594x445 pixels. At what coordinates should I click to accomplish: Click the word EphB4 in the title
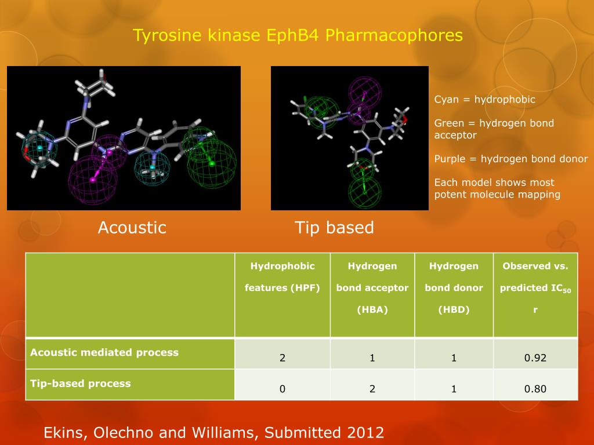pos(294,36)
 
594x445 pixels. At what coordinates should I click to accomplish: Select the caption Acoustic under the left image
pos(132,228)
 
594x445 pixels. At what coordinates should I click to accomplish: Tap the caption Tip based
pos(334,228)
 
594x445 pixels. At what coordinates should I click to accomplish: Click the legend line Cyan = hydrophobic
pos(485,100)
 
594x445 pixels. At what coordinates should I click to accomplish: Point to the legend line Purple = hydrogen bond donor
pos(511,159)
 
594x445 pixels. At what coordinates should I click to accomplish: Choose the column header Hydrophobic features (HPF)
pos(282,277)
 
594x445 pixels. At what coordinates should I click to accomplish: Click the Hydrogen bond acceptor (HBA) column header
pos(372,288)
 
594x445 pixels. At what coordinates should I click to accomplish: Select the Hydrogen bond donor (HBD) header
pos(454,288)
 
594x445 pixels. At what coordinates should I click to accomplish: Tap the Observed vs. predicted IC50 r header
pos(535,288)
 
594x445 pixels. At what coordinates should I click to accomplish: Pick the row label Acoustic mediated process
pos(104,352)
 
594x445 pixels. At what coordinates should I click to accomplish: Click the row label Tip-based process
pos(81,384)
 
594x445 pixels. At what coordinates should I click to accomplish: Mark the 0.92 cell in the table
pos(535,358)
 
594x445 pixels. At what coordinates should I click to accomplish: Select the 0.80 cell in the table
pos(535,389)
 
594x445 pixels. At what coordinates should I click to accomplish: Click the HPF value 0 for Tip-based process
pos(282,389)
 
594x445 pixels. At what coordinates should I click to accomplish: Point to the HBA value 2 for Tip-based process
pos(372,389)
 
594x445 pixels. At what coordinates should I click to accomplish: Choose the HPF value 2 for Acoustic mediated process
pos(282,358)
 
